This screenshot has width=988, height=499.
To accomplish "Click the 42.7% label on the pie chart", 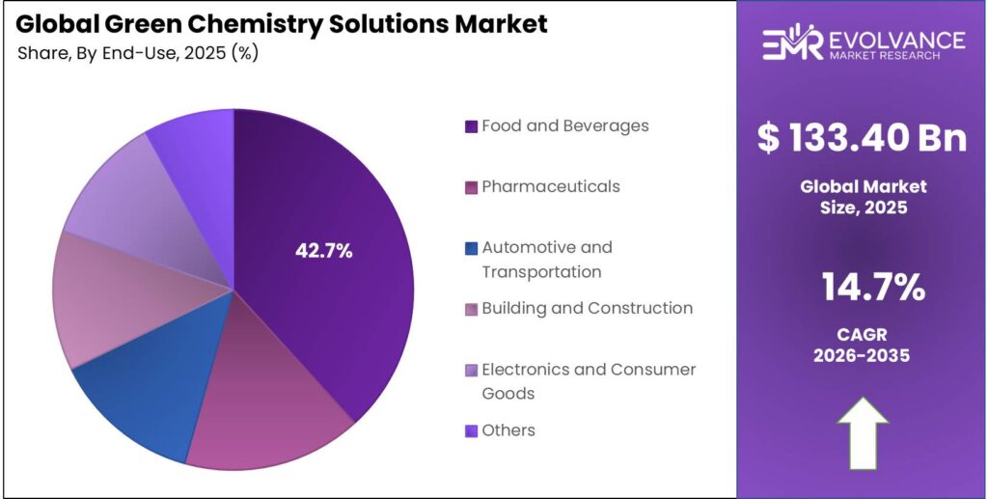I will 323,251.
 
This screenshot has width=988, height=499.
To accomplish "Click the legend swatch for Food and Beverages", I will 471,126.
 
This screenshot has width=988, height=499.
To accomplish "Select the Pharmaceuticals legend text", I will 551,186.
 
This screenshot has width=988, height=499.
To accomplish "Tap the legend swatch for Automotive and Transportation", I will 471,248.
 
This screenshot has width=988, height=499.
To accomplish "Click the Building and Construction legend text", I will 587,308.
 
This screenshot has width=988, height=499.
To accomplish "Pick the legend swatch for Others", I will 471,430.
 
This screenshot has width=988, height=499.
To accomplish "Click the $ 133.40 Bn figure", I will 862,138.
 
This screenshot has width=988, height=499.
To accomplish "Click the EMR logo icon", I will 791,43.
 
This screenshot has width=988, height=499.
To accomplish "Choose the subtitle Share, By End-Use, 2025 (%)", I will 137,53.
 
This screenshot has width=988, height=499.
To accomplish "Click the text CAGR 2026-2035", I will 862,345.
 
